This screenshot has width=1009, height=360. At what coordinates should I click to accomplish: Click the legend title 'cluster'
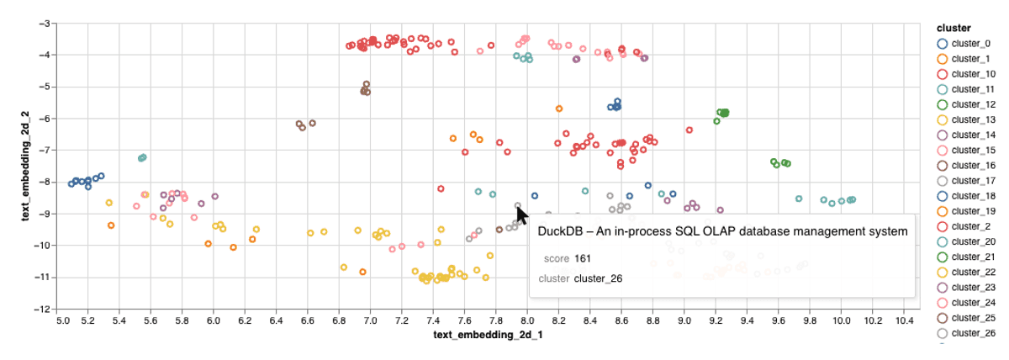pyautogui.click(x=955, y=28)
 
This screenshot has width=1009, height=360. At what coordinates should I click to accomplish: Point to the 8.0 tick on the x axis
pyautogui.click(x=527, y=320)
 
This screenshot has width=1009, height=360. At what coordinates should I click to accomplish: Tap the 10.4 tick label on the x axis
pyautogui.click(x=905, y=320)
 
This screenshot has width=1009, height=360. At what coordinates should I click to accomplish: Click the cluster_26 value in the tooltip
pyautogui.click(x=598, y=278)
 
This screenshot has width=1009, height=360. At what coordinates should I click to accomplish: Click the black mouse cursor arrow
pyautogui.click(x=521, y=215)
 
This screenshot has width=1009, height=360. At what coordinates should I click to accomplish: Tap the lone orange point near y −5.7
pyautogui.click(x=559, y=109)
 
